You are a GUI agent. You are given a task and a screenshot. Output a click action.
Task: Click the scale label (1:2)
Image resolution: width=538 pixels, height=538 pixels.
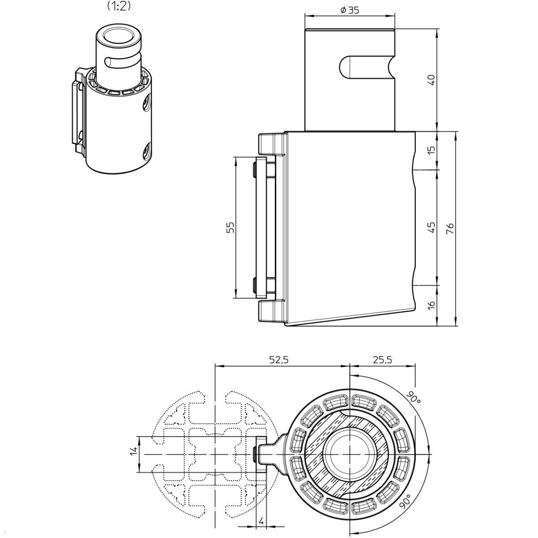coord(119,6)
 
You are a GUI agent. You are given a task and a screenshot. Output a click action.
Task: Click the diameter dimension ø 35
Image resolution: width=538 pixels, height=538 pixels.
coord(350,10)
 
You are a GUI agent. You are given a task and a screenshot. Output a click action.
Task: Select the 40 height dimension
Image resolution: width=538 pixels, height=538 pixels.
coord(432,80)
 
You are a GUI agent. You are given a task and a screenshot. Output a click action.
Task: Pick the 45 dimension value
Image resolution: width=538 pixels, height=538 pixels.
coord(432,227)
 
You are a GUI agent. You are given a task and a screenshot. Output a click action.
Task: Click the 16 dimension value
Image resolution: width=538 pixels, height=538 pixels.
coord(432,305)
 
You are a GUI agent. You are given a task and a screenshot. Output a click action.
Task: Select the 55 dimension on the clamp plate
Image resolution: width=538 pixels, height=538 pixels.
coord(230,228)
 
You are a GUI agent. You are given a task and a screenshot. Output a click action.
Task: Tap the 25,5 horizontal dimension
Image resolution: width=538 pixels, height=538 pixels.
coord(382,360)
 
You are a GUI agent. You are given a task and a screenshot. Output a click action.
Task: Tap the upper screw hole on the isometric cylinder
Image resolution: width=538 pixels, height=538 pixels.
coord(148,102)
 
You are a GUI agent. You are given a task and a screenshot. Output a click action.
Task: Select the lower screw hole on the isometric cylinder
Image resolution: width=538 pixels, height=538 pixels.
coord(147,151)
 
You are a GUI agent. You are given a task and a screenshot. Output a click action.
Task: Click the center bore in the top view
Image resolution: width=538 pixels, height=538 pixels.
coord(350,455)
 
